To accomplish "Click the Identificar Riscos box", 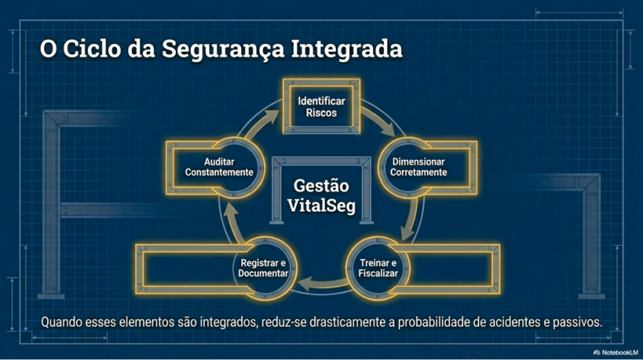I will click(x=321, y=107).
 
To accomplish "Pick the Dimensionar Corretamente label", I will click(x=419, y=167).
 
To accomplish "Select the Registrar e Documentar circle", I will click(x=263, y=268).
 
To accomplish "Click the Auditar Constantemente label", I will click(x=219, y=167).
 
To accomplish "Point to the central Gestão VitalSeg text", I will click(x=321, y=195).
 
